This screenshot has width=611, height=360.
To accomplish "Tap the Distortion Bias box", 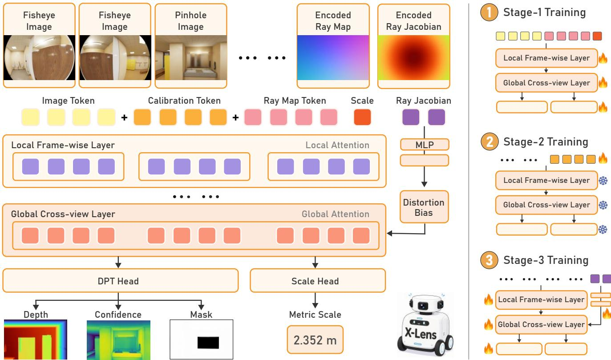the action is click(424, 207).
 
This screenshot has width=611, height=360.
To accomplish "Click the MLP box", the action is click(425, 145).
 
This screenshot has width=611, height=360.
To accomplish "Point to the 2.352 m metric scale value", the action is click(315, 340).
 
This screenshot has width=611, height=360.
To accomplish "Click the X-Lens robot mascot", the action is click(425, 324).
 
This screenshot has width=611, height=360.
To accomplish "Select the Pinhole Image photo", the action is click(191, 57).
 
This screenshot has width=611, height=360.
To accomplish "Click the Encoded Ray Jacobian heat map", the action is click(414, 57).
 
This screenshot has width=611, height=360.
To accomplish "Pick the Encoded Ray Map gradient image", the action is click(333, 57).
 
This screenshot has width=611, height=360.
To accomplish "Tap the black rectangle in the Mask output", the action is click(208, 343).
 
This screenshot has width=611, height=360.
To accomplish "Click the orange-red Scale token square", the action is click(362, 117).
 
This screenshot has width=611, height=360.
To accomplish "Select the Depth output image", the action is click(36, 340).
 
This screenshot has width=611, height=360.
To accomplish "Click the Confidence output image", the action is click(118, 340).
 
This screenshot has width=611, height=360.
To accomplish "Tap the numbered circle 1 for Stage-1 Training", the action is click(489, 12).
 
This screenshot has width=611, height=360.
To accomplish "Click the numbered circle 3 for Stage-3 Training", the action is click(490, 260).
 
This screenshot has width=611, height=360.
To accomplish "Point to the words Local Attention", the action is click(337, 145).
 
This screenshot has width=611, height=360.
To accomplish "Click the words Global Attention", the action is click(336, 214).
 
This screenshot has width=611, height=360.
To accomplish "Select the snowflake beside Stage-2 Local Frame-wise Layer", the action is click(603, 181).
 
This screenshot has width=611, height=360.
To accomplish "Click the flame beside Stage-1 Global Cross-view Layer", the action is click(603, 82).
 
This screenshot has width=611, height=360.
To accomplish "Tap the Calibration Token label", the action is click(184, 101).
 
